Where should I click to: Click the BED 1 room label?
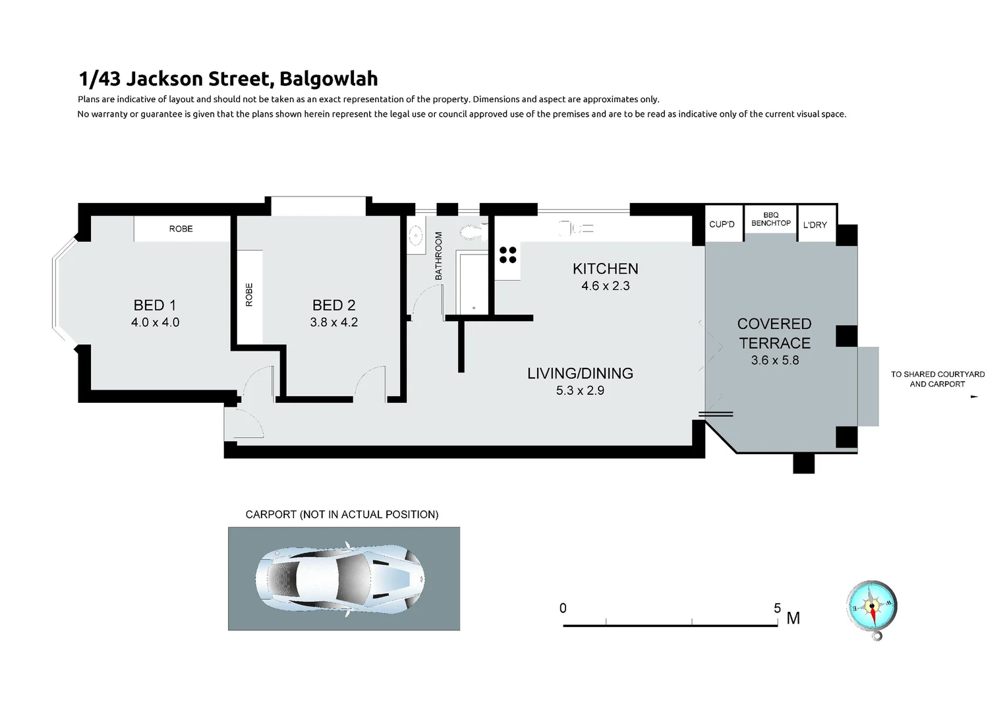click(x=155, y=305)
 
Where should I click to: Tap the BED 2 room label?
click(x=333, y=305)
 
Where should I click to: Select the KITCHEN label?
click(x=605, y=268)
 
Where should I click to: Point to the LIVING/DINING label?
click(x=580, y=373)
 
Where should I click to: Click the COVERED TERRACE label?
click(x=774, y=333)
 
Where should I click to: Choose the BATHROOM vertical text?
click(x=438, y=256)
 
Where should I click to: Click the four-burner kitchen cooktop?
click(x=508, y=254)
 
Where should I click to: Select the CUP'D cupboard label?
click(x=722, y=224)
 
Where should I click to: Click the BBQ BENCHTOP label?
click(x=771, y=219)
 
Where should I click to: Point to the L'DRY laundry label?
click(x=815, y=225)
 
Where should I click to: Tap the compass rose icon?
click(x=872, y=606)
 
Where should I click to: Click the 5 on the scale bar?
click(x=778, y=608)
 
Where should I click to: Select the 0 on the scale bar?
click(x=563, y=608)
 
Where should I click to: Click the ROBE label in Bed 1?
click(x=181, y=229)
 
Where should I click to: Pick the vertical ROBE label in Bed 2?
click(x=249, y=295)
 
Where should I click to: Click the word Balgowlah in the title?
click(x=328, y=78)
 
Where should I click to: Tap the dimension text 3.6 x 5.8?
click(x=774, y=360)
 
